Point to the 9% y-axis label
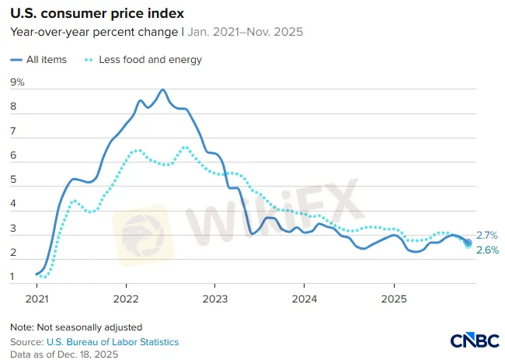[17, 82]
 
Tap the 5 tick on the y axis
[13, 180]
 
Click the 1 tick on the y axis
[13, 277]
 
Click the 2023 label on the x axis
[215, 299]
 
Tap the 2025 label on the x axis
[394, 299]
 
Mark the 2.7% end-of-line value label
[486, 236]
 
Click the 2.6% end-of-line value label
[486, 250]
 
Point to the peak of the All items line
[162, 90]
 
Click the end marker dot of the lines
[468, 243]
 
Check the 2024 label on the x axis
[305, 299]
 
